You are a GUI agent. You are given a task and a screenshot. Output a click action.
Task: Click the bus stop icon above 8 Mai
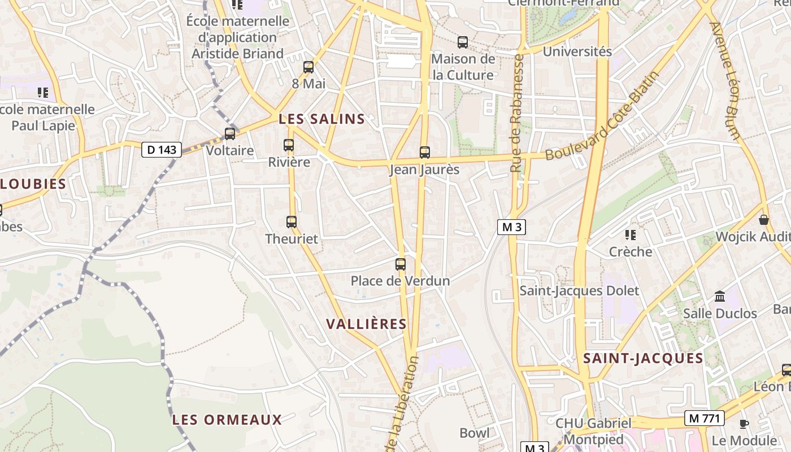308,67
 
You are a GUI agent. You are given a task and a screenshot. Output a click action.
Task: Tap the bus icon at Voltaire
230,134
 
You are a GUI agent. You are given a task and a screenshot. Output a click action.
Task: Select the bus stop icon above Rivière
289,145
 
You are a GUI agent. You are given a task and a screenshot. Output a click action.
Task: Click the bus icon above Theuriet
292,222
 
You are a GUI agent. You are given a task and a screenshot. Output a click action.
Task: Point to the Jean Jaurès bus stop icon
425,153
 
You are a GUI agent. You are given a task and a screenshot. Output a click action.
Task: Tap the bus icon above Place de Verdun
401,264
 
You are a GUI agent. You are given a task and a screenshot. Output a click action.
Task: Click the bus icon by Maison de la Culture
463,42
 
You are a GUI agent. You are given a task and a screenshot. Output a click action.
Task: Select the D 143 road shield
162,150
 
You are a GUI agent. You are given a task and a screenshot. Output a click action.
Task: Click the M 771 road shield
704,418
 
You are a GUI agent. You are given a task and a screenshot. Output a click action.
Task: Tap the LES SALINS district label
322,119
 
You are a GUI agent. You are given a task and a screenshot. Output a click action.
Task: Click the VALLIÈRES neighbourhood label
367,324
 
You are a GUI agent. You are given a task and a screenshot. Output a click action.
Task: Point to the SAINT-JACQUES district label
643,358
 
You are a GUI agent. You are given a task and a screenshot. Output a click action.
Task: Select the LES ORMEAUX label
227,420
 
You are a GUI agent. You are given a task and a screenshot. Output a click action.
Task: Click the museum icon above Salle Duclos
720,296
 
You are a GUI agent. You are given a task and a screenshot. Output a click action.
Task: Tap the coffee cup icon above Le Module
744,424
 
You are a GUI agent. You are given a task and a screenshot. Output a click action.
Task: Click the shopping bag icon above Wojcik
764,220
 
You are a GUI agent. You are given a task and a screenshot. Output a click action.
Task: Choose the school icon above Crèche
631,234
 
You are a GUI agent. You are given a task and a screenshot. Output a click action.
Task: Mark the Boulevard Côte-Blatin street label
603,116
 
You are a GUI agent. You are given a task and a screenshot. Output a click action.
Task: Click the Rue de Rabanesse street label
518,113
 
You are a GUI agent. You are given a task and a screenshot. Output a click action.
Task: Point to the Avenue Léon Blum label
725,81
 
